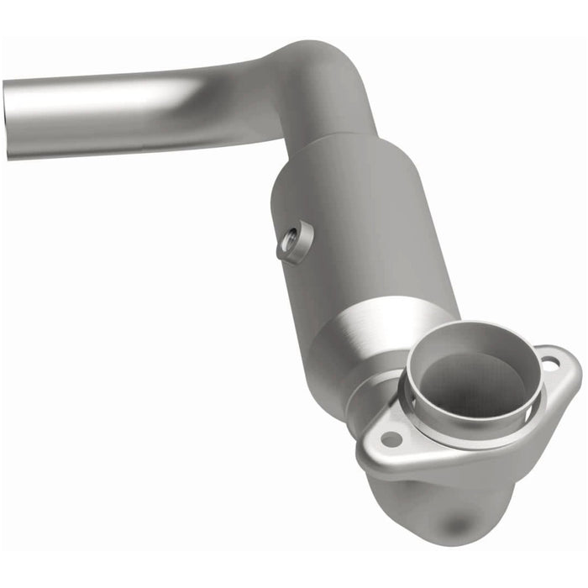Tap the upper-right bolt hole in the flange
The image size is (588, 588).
point(549,364)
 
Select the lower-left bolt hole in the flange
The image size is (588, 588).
point(391,438)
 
